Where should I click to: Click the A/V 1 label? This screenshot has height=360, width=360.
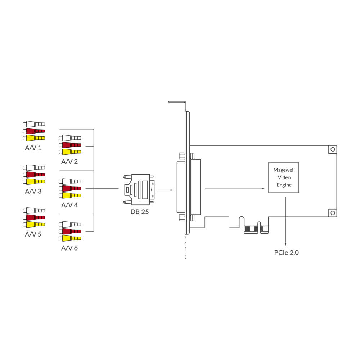33,148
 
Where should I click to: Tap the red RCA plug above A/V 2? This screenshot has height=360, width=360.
70,145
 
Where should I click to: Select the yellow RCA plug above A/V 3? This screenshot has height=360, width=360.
34,181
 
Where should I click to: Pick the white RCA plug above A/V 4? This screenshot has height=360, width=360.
70,181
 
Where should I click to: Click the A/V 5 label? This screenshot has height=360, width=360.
33,234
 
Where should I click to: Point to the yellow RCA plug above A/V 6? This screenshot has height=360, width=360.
70,238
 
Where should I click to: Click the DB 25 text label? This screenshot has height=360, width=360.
140,212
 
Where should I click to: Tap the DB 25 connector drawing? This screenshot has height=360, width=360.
139,190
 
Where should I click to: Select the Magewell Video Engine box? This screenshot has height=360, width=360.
284,177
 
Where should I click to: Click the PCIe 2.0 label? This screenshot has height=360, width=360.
286,253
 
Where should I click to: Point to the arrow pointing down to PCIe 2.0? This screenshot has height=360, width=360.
285,221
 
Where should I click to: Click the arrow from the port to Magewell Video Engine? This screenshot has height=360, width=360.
235,189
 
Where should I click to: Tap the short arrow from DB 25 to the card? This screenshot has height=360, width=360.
166,190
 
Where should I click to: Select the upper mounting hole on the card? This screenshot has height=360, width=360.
333,149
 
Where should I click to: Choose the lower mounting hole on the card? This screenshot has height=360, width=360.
333,213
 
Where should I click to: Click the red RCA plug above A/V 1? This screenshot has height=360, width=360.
34,131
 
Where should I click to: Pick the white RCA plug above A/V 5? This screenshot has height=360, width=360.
34,211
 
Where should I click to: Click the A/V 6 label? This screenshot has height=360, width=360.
69,248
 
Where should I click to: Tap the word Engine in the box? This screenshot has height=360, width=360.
284,185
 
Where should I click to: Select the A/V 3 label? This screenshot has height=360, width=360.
33,191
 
